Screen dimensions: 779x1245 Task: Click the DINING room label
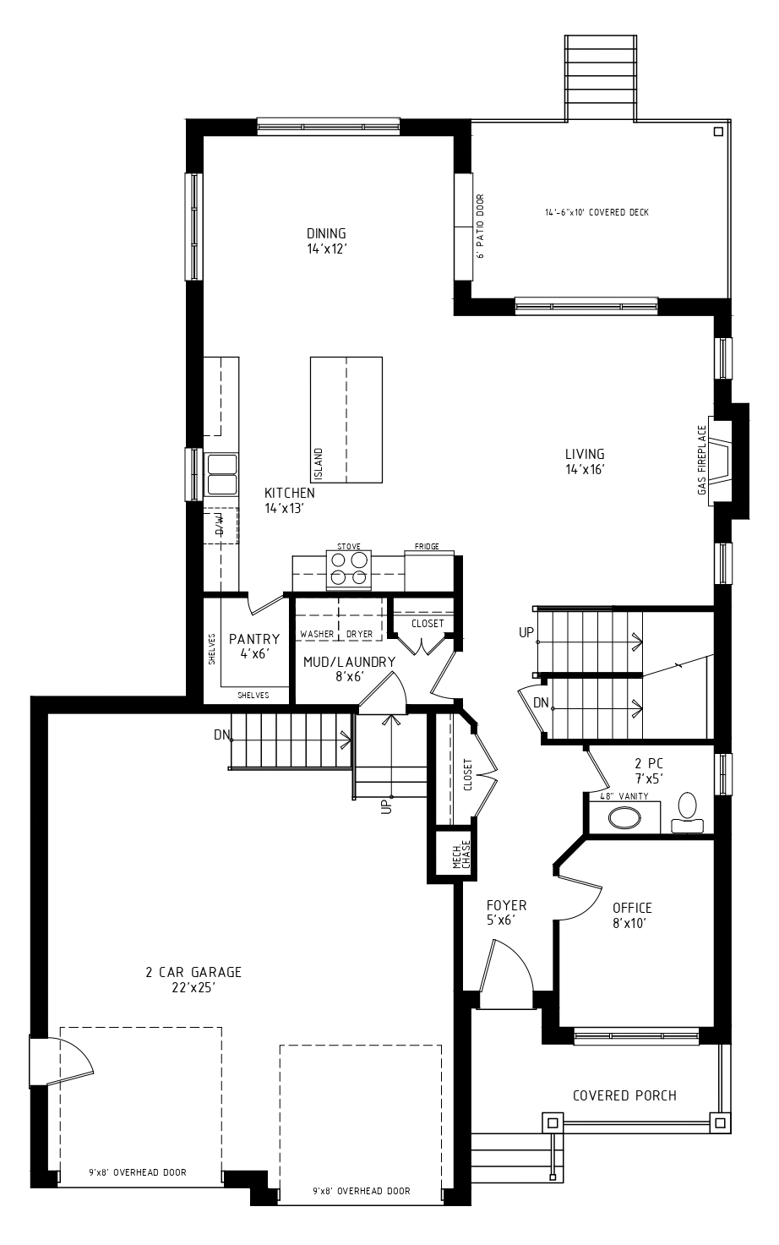(327, 241)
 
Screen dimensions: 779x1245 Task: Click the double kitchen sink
(221, 474)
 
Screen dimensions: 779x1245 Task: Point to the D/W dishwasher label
(220, 525)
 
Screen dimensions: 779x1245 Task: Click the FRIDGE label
(427, 546)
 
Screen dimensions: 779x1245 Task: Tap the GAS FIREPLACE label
(702, 460)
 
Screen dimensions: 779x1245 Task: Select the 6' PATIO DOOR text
(481, 226)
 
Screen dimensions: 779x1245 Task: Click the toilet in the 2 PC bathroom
(687, 813)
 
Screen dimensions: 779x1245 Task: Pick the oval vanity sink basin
(624, 817)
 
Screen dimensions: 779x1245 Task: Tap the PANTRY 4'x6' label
(254, 646)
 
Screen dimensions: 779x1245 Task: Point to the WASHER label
(318, 634)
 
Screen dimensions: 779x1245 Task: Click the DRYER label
(359, 634)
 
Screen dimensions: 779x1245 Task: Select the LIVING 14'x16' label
(585, 461)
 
